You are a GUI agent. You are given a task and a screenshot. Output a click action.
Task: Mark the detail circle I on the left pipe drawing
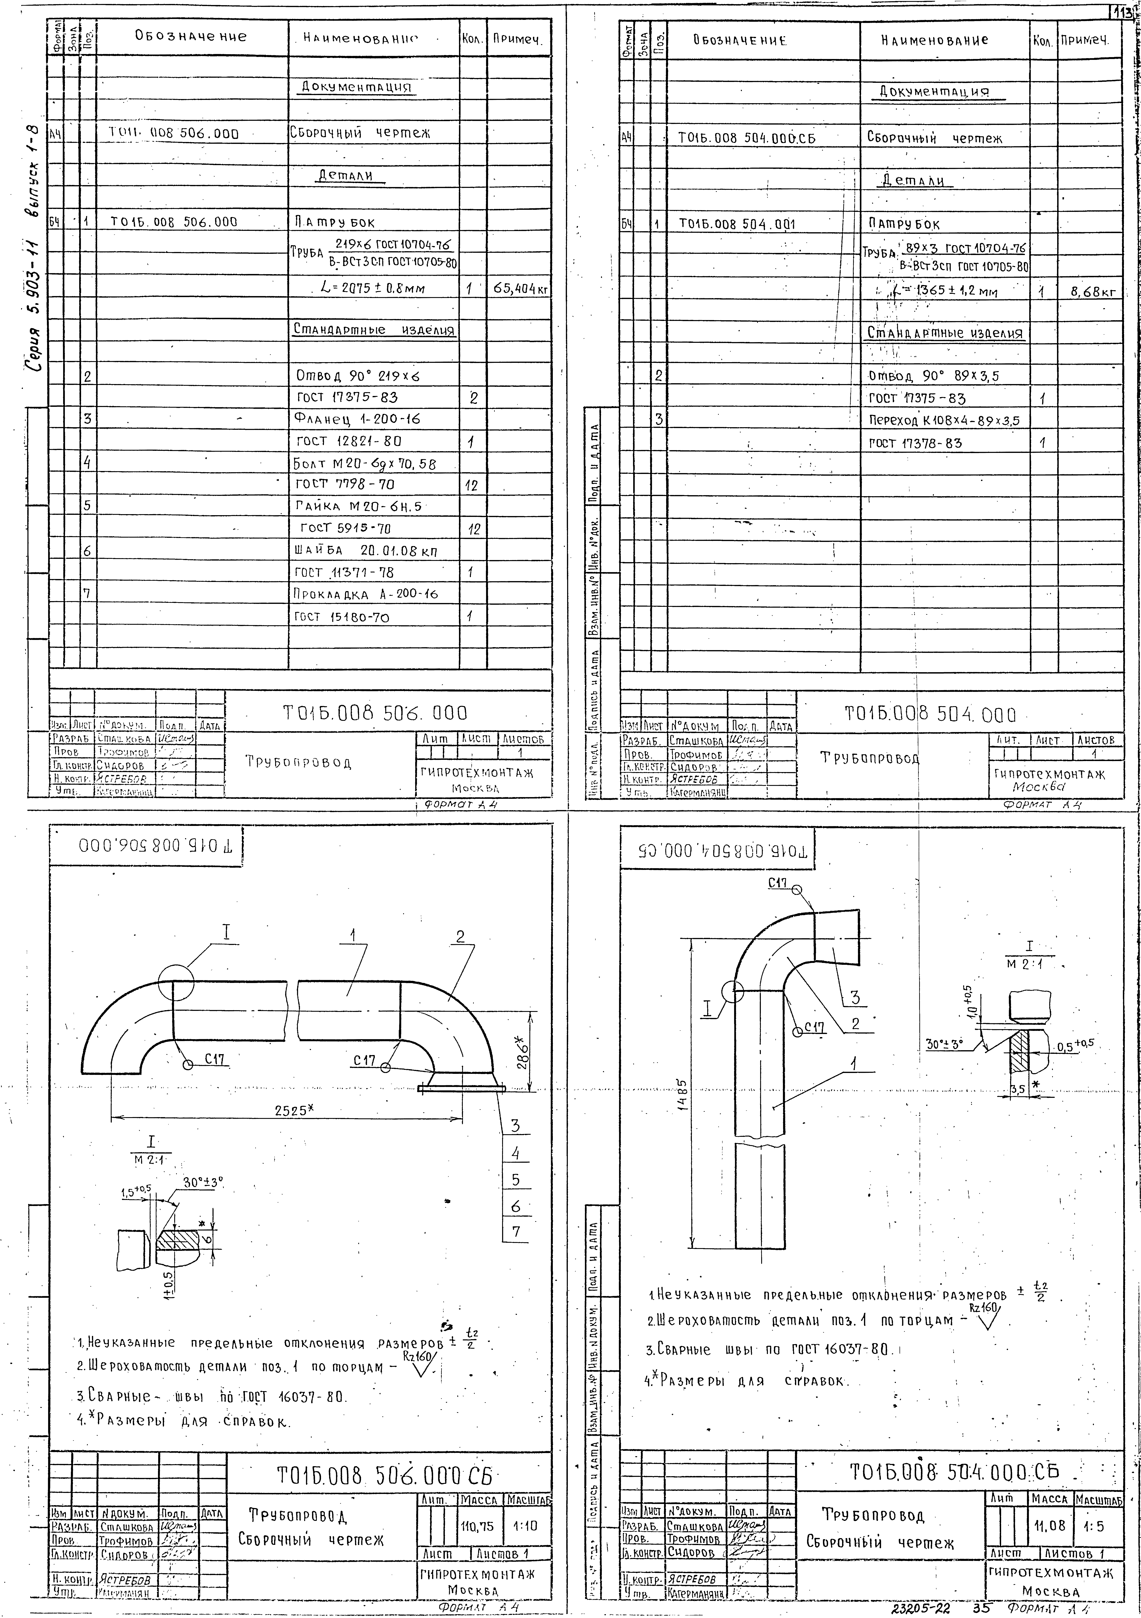point(175,981)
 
